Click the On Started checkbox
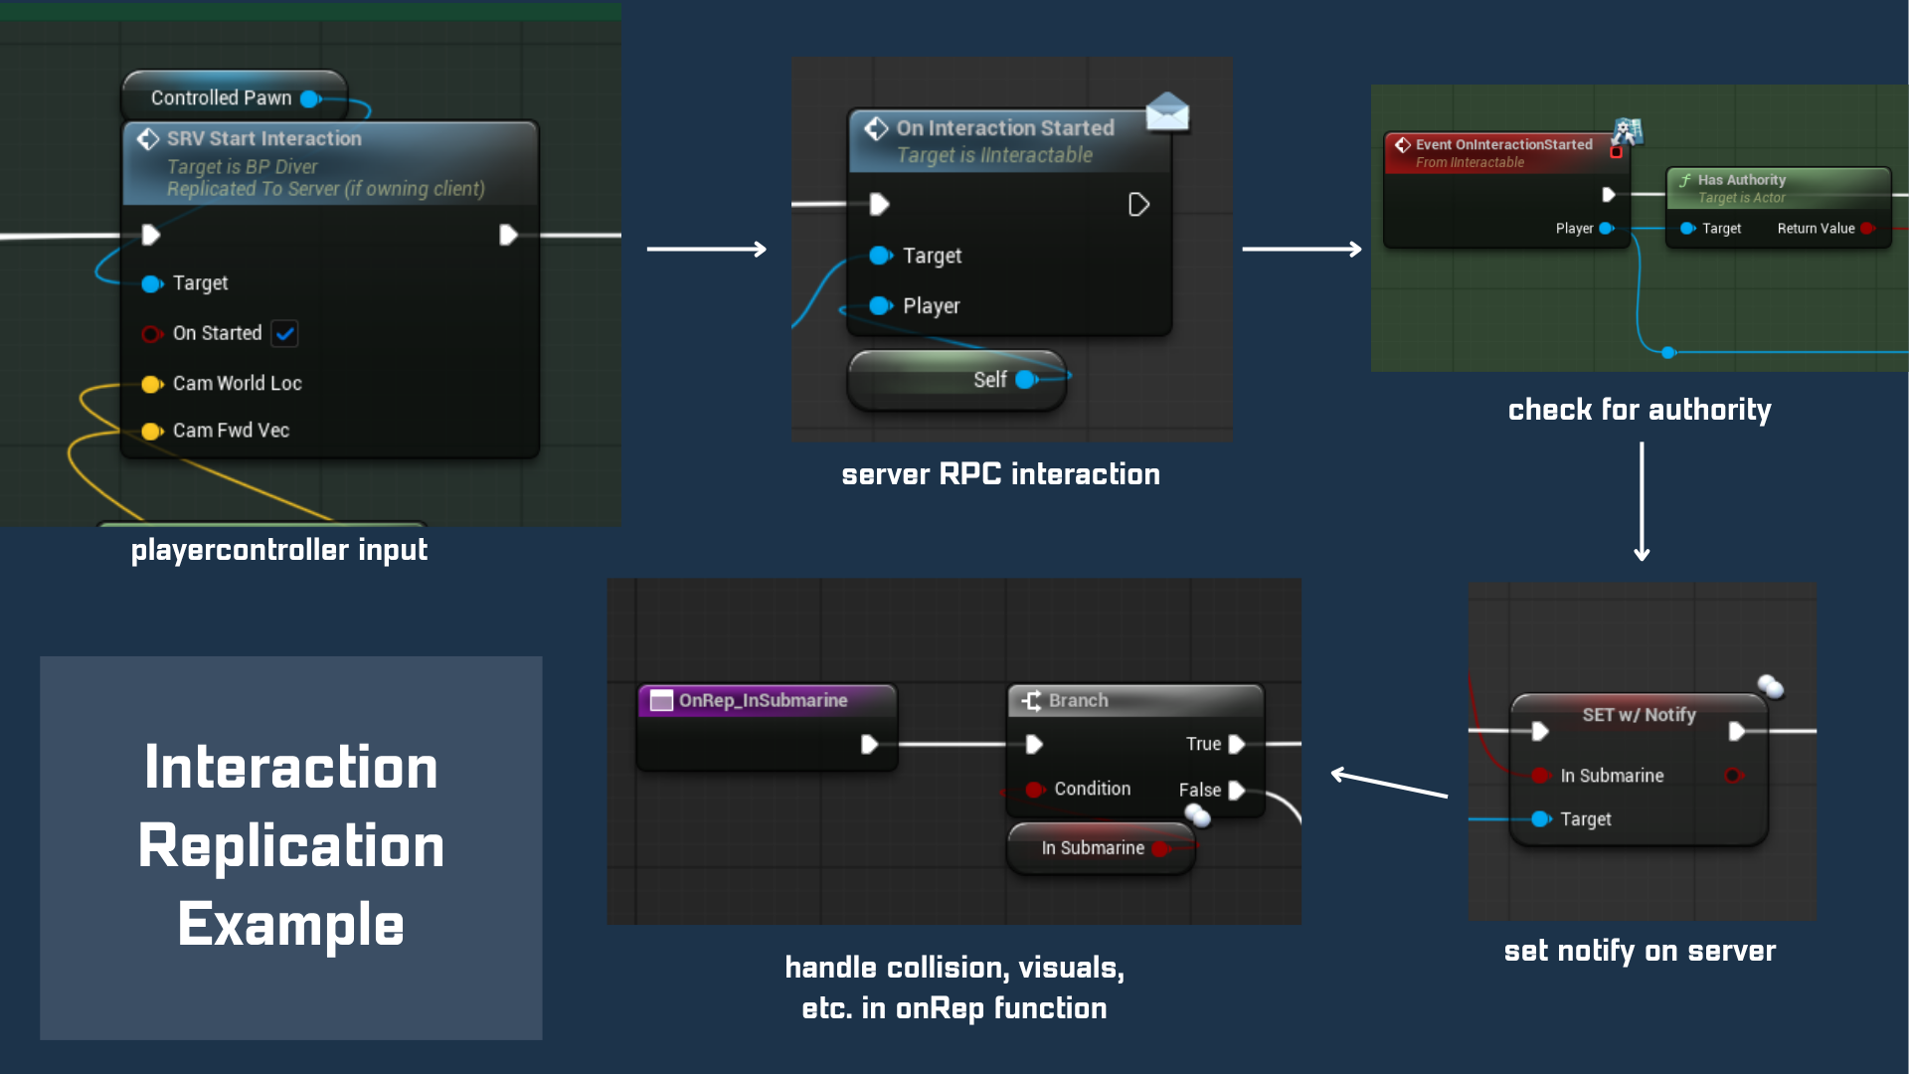(x=284, y=334)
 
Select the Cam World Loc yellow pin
(x=151, y=385)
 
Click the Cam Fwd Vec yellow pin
(x=151, y=432)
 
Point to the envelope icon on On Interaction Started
(x=1167, y=112)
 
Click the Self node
(x=956, y=380)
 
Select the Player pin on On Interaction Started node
(x=880, y=306)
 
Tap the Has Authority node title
(x=1741, y=180)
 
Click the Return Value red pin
(x=1866, y=229)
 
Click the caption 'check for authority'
(x=1639, y=410)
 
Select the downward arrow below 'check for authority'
(x=1642, y=502)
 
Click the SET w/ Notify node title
(x=1639, y=715)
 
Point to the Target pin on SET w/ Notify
(x=1540, y=819)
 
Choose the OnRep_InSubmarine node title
(x=763, y=701)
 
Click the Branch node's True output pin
(x=1237, y=744)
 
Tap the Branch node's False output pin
(x=1237, y=791)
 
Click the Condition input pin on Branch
(x=1034, y=790)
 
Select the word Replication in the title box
(x=291, y=847)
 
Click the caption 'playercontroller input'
(x=279, y=550)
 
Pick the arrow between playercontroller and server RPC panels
(x=706, y=249)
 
